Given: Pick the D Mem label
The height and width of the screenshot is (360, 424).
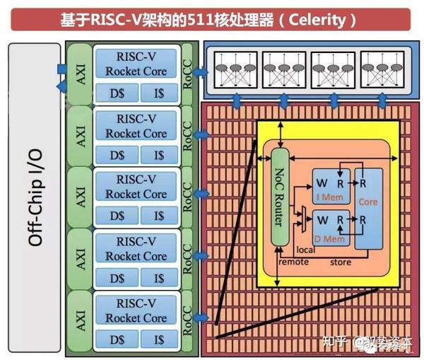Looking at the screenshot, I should coord(326,238).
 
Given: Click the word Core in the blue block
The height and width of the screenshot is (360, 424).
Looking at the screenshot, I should coord(367,202).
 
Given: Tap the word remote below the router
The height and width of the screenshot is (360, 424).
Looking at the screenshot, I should coord(294,262).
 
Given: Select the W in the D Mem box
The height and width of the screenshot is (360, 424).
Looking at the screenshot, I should coord(320,221).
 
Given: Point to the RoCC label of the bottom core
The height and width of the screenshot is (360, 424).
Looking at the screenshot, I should coord(187,318).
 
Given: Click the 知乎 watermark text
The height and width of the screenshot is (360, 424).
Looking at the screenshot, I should coord(336,344).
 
